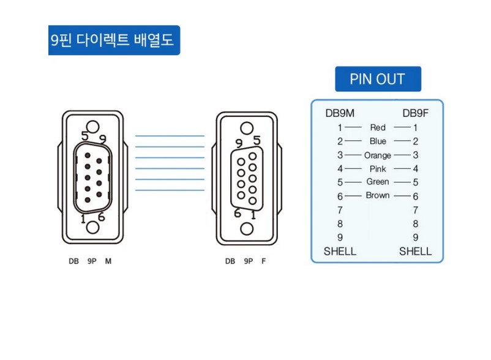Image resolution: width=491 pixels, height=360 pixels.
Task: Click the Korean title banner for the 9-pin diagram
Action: [114, 40]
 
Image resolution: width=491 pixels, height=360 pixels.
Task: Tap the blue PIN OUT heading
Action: [378, 79]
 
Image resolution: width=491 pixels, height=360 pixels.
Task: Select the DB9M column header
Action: [340, 113]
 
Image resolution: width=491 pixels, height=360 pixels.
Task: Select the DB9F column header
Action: [415, 113]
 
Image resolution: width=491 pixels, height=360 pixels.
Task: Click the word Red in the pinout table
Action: [378, 127]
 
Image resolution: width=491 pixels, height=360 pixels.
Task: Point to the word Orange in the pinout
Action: [378, 156]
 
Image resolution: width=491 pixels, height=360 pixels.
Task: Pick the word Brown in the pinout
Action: [378, 195]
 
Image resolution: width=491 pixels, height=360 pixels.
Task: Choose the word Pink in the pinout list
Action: [378, 169]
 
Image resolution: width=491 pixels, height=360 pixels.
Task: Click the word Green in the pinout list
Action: [378, 182]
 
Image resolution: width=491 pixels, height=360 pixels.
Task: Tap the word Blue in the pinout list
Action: [378, 141]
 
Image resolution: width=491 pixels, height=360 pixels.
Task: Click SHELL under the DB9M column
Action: [340, 252]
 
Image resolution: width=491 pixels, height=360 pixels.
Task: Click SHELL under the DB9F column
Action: [415, 252]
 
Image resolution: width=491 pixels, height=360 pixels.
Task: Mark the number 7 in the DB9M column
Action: [340, 210]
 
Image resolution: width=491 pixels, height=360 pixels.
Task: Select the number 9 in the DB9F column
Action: [416, 238]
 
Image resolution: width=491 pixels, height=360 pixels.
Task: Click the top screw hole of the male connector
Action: [92, 127]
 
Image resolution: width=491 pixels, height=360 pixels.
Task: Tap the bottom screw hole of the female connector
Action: [247, 229]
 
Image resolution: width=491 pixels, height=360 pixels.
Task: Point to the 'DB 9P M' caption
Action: [90, 261]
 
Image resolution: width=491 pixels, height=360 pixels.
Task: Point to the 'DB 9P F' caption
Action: [245, 261]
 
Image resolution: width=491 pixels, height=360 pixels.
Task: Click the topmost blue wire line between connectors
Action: [170, 136]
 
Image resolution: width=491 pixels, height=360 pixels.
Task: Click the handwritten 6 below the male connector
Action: [101, 217]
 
